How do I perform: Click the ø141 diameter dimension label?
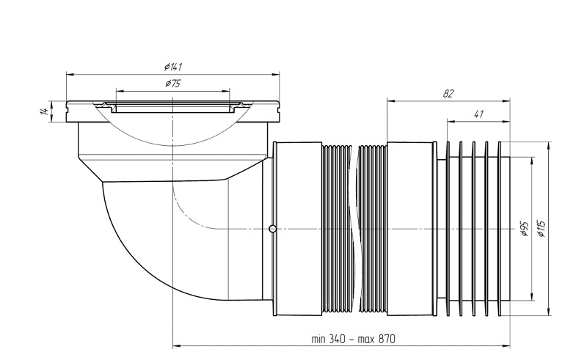[x=173, y=67]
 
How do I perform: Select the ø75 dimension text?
[x=172, y=84]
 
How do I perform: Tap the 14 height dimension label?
[x=44, y=111]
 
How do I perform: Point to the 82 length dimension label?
[x=448, y=94]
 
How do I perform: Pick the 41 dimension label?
[x=478, y=114]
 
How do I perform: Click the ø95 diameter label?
[x=524, y=229]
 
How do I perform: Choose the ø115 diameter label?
[x=541, y=229]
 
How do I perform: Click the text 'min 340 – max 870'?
[x=353, y=339]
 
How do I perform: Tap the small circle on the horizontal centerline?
[x=273, y=228]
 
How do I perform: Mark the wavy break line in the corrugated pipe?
[x=353, y=228]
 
